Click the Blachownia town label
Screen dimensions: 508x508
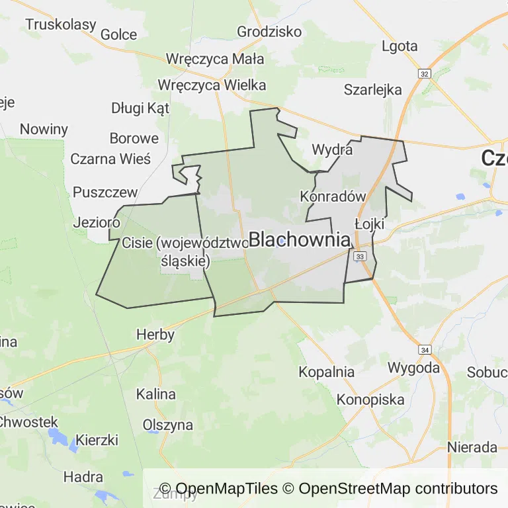(300, 239)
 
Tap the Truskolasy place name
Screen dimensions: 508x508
(60, 24)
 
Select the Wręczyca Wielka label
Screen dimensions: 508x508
(212, 85)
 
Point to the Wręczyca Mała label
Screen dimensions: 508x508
(215, 59)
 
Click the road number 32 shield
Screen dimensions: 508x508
(425, 73)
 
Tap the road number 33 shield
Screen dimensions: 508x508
(360, 255)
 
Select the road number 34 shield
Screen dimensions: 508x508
(425, 349)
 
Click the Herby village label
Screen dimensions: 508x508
(155, 334)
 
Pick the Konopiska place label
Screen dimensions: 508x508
(370, 400)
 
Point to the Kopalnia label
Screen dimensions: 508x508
(326, 372)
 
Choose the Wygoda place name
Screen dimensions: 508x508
(413, 367)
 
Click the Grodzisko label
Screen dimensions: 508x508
(269, 31)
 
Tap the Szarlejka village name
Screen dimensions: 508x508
(373, 90)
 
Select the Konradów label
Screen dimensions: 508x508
(333, 196)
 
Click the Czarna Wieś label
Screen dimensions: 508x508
(110, 159)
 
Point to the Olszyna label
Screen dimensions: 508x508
(168, 425)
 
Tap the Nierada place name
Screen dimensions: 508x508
(472, 447)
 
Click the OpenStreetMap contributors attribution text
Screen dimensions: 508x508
(398, 489)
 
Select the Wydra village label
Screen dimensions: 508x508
(332, 149)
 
